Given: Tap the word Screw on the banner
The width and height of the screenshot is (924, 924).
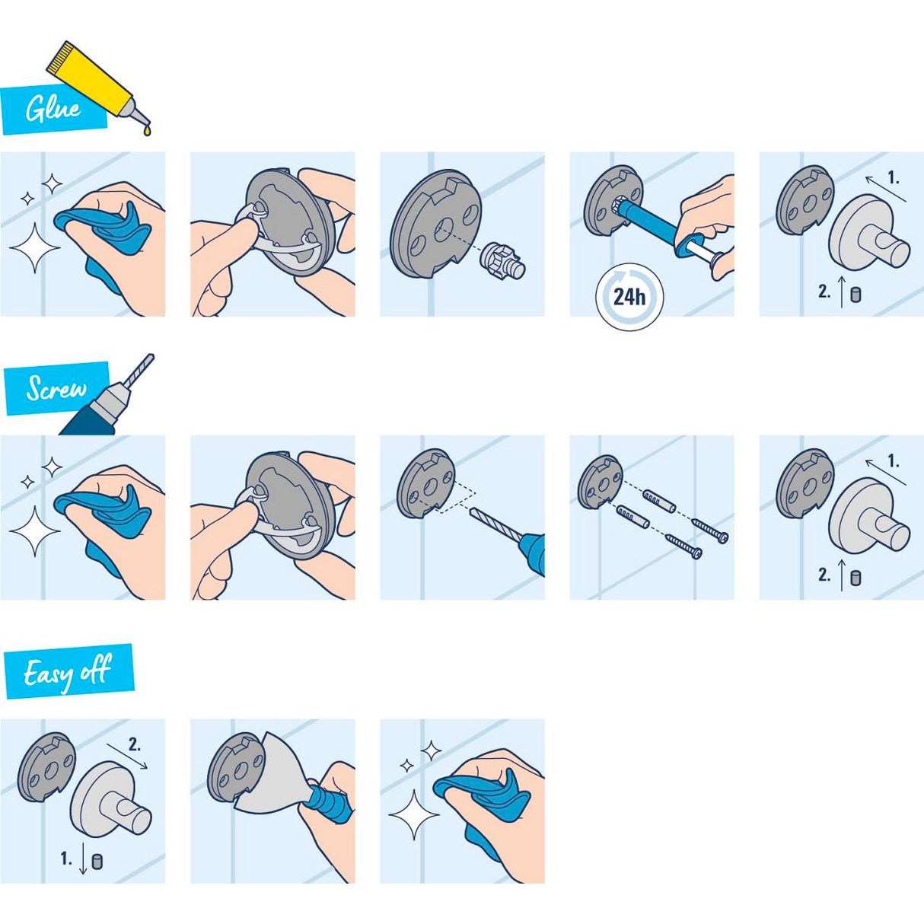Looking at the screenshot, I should coord(56,389).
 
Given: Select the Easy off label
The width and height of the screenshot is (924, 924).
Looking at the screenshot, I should coord(68,672).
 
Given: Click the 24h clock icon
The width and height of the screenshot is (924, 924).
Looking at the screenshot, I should coord(629,296).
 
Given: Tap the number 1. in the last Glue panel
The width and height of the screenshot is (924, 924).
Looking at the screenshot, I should coord(893,179).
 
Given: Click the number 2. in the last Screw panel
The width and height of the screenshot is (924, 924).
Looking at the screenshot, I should coord(824,575).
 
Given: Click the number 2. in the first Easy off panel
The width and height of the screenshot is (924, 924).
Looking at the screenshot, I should coord(134,745).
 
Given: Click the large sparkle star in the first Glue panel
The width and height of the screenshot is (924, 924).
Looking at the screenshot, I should coord(33,248).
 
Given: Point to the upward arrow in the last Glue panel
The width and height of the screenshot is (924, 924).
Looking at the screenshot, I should coord(842,292).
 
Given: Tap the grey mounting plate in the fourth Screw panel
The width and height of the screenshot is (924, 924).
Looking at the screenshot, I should coord(599,482).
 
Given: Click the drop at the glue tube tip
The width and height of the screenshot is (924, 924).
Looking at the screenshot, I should coord(147,131).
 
